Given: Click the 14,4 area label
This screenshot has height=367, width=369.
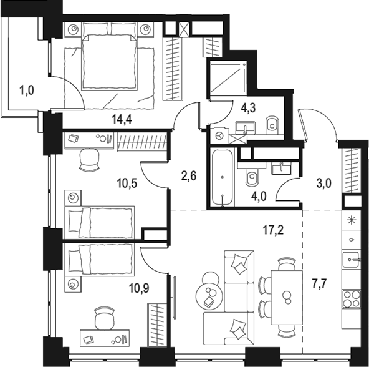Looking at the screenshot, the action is [x=122, y=119].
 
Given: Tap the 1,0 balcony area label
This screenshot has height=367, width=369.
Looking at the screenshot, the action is [x=27, y=91].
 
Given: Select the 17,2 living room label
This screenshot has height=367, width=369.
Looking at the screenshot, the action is [x=273, y=230].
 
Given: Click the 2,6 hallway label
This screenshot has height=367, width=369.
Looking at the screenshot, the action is [x=189, y=176].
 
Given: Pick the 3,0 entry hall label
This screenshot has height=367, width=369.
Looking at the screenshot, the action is [x=324, y=183].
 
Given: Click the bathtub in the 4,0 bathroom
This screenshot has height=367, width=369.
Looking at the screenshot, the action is [x=223, y=177].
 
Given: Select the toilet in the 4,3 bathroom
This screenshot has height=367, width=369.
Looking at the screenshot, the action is [x=272, y=125].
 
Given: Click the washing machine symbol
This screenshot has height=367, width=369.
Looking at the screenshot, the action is [x=219, y=136].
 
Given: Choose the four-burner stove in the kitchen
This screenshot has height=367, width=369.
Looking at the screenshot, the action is [x=352, y=299].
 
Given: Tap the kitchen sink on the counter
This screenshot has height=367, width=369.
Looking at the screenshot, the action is [x=351, y=260].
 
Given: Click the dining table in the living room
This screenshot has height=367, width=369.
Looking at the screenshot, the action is [x=287, y=298].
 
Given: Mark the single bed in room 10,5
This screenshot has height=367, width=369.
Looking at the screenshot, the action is [x=99, y=222].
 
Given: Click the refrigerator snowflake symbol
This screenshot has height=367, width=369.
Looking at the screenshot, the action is [x=352, y=220].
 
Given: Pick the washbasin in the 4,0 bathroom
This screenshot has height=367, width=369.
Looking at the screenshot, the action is [x=281, y=169].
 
